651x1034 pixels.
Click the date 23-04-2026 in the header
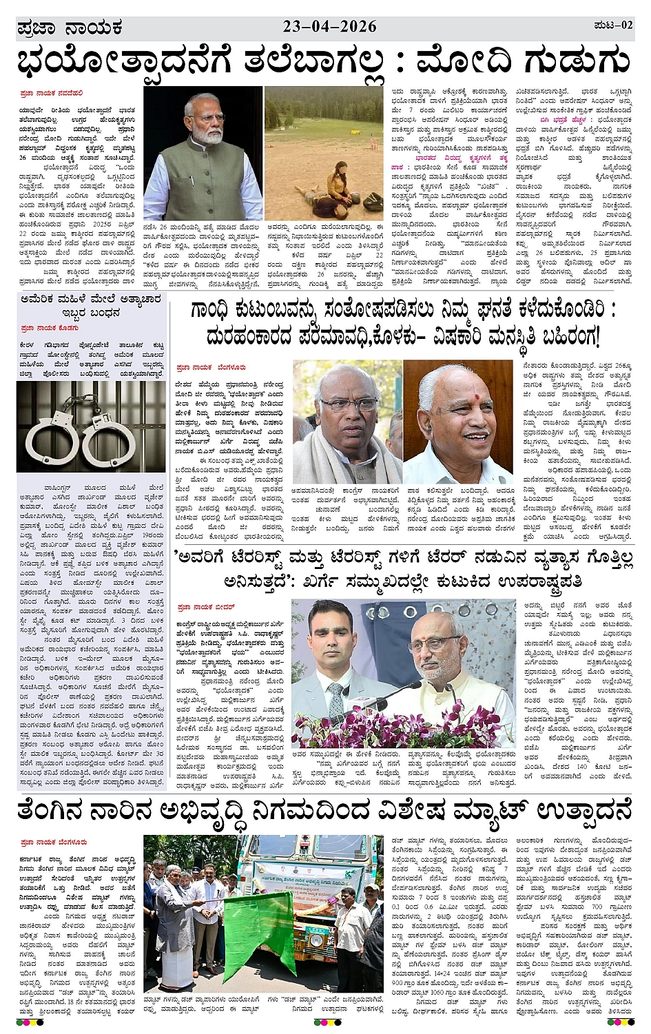click(329, 26)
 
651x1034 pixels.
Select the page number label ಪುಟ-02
click(612, 25)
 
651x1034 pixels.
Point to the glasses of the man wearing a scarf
click(348, 404)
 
